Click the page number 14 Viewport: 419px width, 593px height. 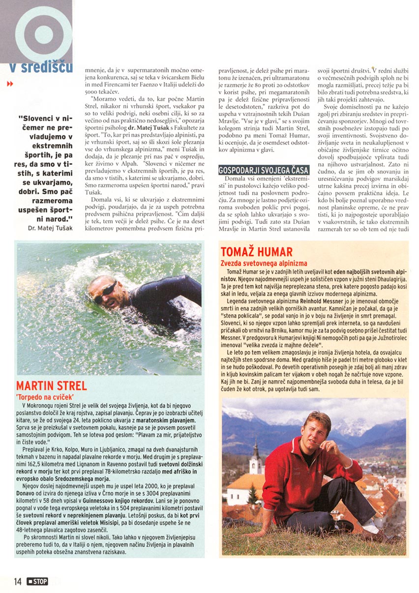pyautogui.click(x=18, y=582)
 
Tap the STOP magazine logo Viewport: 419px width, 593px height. pyautogui.click(x=38, y=582)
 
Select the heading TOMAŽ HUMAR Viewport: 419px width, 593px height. pyautogui.click(x=257, y=252)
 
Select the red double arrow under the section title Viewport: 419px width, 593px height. pyautogui.click(x=10, y=84)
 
